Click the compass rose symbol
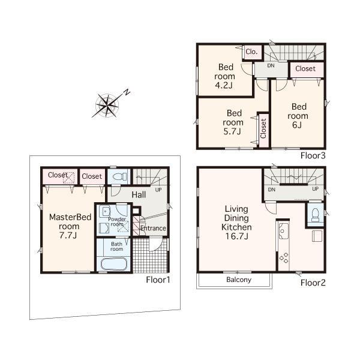tap(108, 106)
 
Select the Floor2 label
tap(313, 282)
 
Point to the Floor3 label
tap(313, 155)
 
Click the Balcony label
tap(239, 280)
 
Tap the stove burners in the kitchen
tap(283, 258)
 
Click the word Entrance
tap(153, 229)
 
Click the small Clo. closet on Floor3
tap(251, 52)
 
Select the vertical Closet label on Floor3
tap(263, 128)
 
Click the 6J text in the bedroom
tap(298, 126)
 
